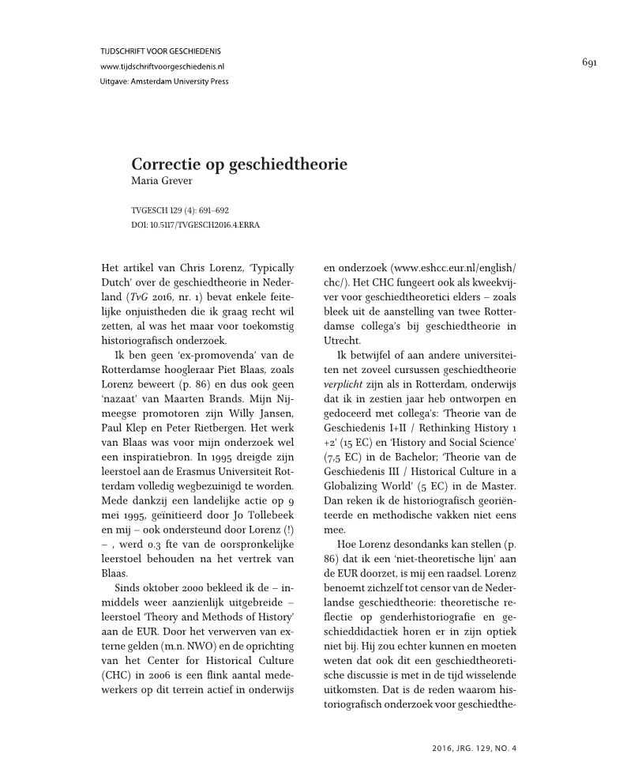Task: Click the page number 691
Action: (x=588, y=62)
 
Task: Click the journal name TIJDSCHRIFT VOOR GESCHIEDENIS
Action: (x=160, y=51)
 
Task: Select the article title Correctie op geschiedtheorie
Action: (x=239, y=165)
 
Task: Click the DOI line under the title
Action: (x=195, y=224)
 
